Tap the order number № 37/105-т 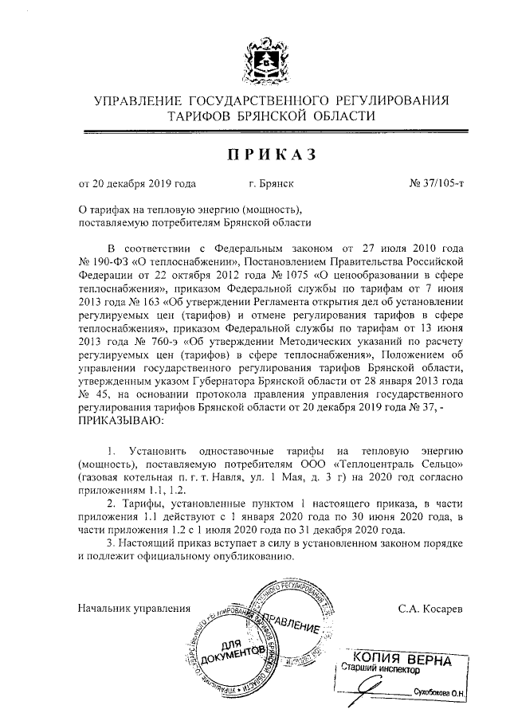coord(437,184)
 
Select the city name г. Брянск coord(272,184)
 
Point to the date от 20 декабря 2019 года coord(136,184)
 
